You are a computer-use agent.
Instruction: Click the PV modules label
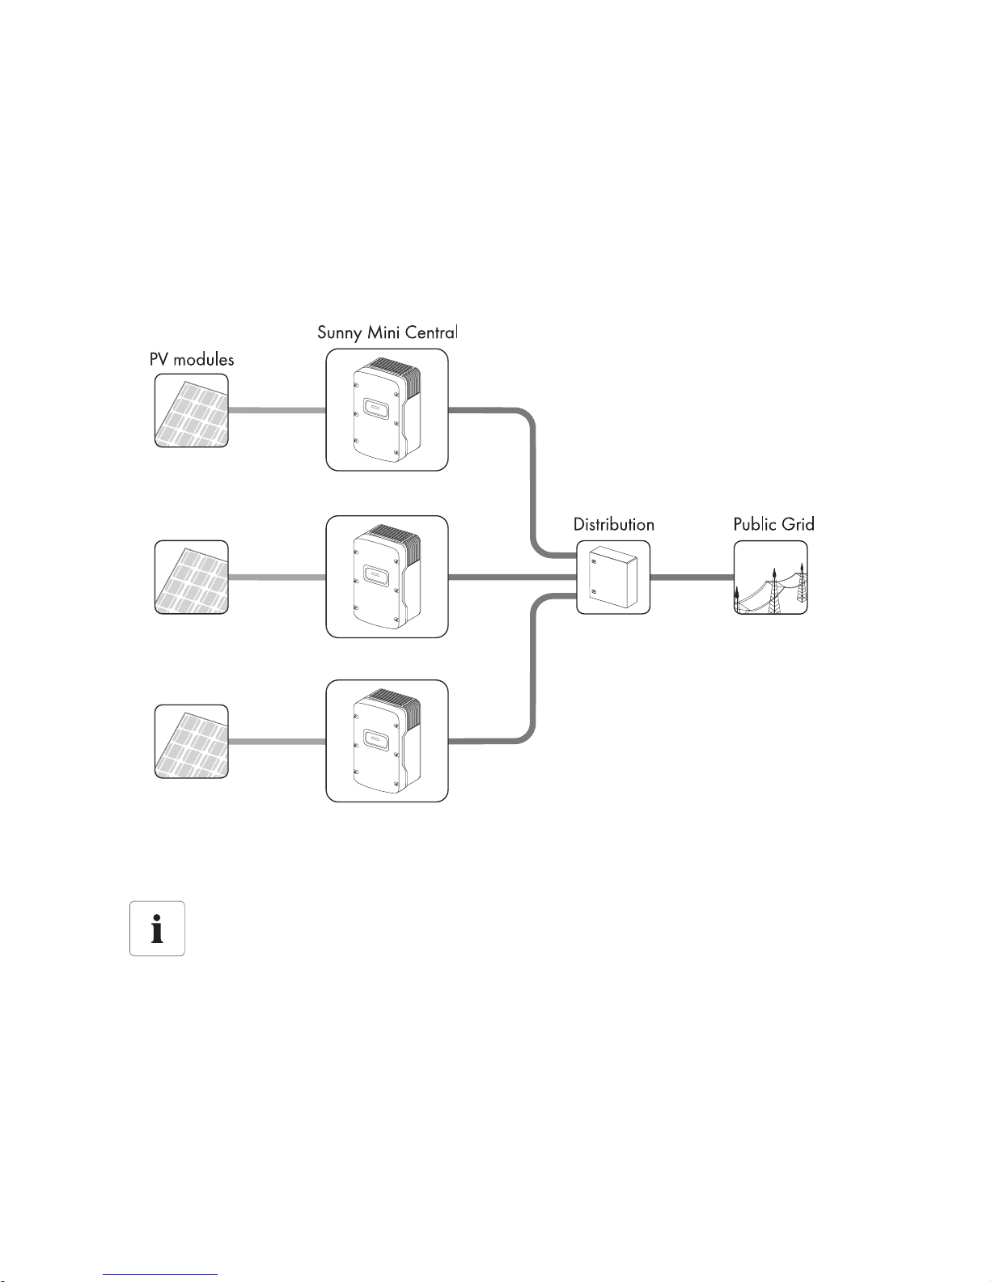[x=192, y=359]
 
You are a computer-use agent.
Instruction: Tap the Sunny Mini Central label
[x=388, y=332]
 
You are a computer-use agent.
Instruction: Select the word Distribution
[x=613, y=524]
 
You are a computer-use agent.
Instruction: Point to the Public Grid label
[x=773, y=524]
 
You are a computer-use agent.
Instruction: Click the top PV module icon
[x=192, y=411]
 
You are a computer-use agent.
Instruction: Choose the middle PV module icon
[x=192, y=577]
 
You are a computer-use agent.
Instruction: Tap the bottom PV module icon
[x=192, y=742]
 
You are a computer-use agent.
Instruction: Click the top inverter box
[x=387, y=409]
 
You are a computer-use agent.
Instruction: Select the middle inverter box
[x=387, y=577]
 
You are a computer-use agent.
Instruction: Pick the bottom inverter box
[x=387, y=742]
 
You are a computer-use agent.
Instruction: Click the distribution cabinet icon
[x=613, y=577]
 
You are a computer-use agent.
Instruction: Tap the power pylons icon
[x=770, y=578]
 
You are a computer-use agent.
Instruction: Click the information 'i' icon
[x=157, y=929]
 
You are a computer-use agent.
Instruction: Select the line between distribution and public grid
[x=692, y=578]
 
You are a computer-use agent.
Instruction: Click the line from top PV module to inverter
[x=277, y=411]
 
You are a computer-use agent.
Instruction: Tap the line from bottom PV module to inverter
[x=277, y=741]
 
